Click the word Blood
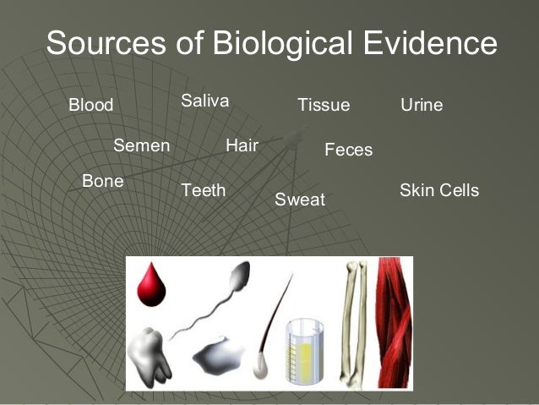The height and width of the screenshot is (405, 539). pyautogui.click(x=90, y=106)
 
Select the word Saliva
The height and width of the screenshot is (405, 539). pyautogui.click(x=204, y=101)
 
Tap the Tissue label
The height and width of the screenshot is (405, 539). pyautogui.click(x=323, y=106)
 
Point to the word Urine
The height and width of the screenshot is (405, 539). pyautogui.click(x=421, y=106)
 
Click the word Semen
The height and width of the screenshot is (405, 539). pyautogui.click(x=141, y=145)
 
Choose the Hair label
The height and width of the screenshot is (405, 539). pyautogui.click(x=242, y=145)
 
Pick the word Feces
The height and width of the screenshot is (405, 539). pyautogui.click(x=348, y=151)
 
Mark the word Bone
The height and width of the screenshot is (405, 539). pyautogui.click(x=102, y=181)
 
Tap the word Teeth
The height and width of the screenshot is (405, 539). pyautogui.click(x=204, y=190)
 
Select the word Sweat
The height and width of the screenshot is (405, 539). pyautogui.click(x=300, y=200)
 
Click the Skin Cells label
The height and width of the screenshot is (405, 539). pyautogui.click(x=438, y=190)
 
